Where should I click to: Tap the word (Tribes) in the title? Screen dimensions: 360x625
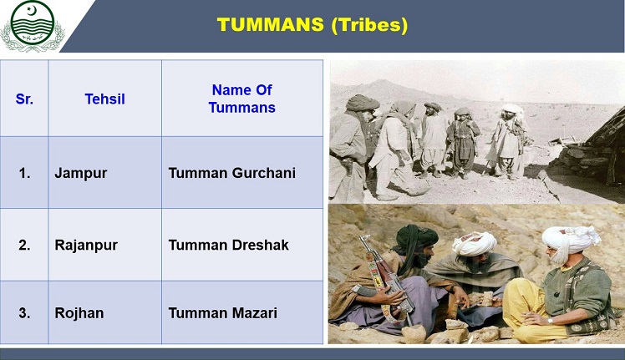coord(369,25)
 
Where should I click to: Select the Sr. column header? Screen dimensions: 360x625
coord(24,99)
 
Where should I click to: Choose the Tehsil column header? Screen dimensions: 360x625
coord(104,99)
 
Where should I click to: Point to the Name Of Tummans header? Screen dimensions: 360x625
coord(242,99)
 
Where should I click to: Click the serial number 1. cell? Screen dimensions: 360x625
coord(24,173)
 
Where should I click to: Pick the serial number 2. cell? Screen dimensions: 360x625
coord(24,245)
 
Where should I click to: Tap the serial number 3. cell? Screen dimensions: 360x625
coord(24,313)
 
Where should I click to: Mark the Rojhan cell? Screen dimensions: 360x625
coord(81,313)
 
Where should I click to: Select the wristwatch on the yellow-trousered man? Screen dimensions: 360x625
coord(550,317)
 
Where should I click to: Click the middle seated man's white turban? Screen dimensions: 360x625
coord(475,243)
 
